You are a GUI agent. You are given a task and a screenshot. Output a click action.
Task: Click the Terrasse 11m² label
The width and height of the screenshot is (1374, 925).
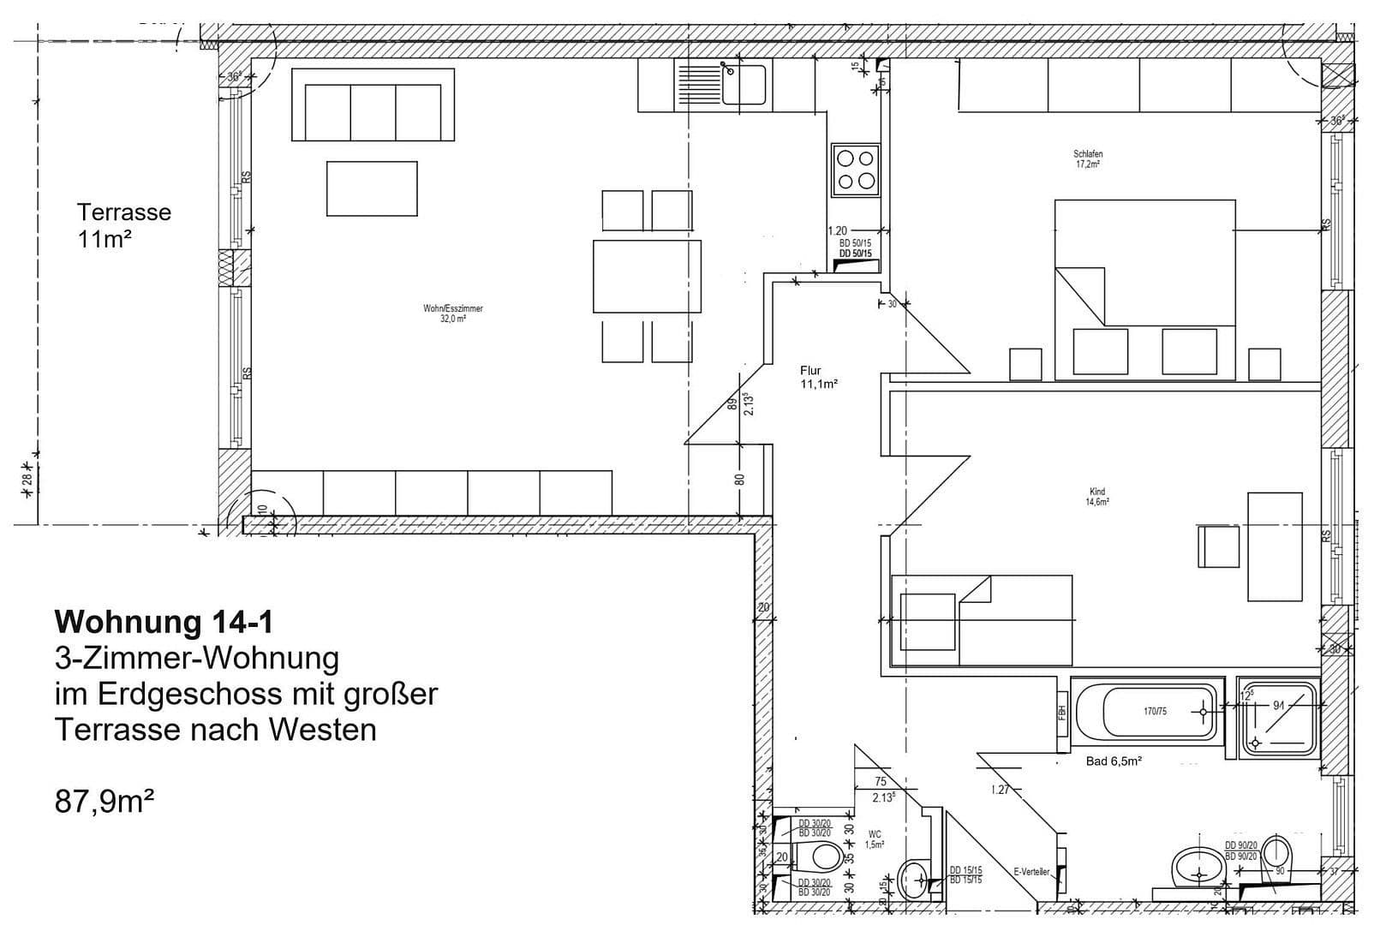pyautogui.click(x=123, y=225)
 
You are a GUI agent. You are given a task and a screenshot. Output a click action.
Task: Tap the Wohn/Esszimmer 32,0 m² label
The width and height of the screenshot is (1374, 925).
pyautogui.click(x=452, y=313)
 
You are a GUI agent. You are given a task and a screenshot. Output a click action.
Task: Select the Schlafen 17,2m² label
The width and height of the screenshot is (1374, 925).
pyautogui.click(x=1088, y=159)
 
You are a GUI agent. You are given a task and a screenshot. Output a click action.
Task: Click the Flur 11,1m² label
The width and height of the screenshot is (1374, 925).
pyautogui.click(x=817, y=378)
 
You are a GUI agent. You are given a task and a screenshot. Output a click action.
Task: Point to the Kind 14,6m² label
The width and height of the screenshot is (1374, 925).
pyautogui.click(x=1097, y=497)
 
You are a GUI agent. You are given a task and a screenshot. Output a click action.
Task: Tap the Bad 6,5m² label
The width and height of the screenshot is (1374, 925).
pyautogui.click(x=1114, y=761)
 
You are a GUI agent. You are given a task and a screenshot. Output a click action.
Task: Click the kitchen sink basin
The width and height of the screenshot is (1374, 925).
pyautogui.click(x=744, y=84)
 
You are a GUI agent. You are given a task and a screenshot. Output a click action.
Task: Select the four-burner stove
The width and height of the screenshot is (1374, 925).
pyautogui.click(x=855, y=170)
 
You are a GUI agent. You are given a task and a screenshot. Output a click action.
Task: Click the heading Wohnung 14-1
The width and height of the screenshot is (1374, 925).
pyautogui.click(x=164, y=621)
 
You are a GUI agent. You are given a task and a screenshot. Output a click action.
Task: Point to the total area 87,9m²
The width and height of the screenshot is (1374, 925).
pyautogui.click(x=105, y=803)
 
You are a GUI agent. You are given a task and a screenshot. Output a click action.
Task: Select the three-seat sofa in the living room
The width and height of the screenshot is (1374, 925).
pyautogui.click(x=373, y=106)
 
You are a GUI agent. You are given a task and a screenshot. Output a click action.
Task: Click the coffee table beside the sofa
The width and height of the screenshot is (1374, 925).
pyautogui.click(x=372, y=188)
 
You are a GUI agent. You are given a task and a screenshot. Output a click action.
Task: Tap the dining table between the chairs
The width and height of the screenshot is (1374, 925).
pyautogui.click(x=647, y=277)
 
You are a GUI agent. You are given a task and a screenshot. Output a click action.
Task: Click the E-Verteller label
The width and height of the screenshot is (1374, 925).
pyautogui.click(x=1031, y=872)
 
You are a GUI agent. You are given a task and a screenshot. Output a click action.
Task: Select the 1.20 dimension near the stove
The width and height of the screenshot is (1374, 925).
pyautogui.click(x=838, y=230)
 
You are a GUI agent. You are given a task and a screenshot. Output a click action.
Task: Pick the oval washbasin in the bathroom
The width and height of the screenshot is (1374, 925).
pyautogui.click(x=1198, y=866)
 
